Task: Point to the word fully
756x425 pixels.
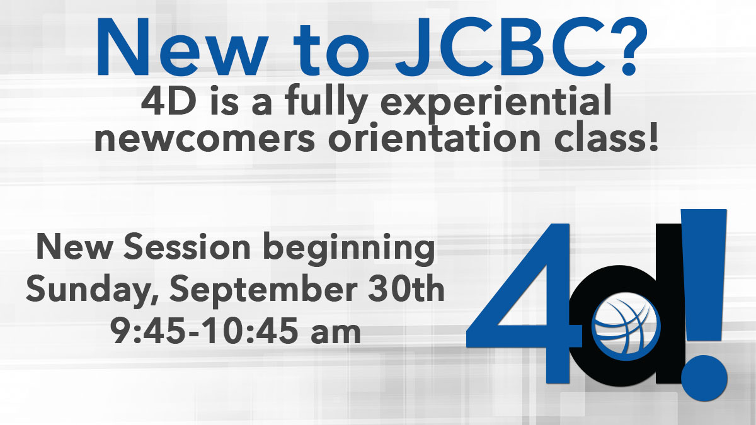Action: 326,103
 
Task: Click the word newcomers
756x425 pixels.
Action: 205,139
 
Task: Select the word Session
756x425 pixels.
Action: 186,247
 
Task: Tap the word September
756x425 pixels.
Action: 263,290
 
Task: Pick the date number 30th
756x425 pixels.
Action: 406,288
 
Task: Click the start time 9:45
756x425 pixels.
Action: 148,330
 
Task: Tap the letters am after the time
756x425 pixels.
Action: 336,334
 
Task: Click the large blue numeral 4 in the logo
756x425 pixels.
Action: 524,303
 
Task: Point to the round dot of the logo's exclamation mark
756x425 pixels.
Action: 704,378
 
